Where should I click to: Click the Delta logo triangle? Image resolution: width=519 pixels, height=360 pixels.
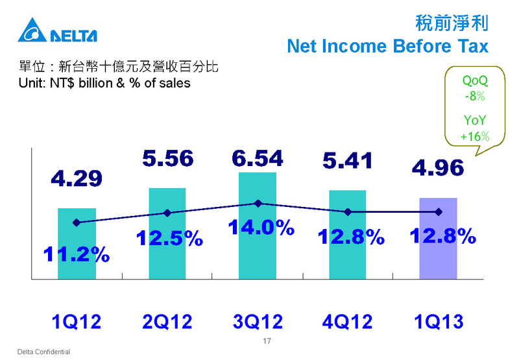coord(32,30)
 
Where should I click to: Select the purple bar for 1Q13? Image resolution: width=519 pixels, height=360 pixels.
coord(439,238)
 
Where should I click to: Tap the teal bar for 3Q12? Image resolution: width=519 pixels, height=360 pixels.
coord(258,226)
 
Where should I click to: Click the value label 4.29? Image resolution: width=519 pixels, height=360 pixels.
coord(77,178)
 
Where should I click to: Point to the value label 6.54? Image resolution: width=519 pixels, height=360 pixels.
coord(258,158)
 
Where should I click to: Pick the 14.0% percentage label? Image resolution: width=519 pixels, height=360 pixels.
coord(261,228)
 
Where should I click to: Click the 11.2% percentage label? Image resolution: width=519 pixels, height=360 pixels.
coord(77,254)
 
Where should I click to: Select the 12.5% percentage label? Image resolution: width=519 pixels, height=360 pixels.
coord(169,237)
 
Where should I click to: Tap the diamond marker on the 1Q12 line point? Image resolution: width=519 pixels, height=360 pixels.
coord(77,222)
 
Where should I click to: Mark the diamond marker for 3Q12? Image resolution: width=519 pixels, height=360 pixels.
coord(258,203)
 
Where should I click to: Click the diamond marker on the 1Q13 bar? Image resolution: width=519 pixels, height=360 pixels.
coord(439,211)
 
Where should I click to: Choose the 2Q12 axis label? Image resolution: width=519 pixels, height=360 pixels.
coord(167,321)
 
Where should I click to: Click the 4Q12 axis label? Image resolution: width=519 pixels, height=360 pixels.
coord(347,321)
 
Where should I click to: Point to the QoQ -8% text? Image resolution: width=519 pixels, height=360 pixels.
coord(475,88)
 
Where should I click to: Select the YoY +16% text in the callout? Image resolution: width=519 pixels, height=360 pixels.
coord(475,128)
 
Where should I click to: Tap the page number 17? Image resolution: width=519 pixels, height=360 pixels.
coord(267,341)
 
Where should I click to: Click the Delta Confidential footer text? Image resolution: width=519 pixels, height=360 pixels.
coord(43,352)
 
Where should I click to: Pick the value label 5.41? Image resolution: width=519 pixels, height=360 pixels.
coord(348,160)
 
